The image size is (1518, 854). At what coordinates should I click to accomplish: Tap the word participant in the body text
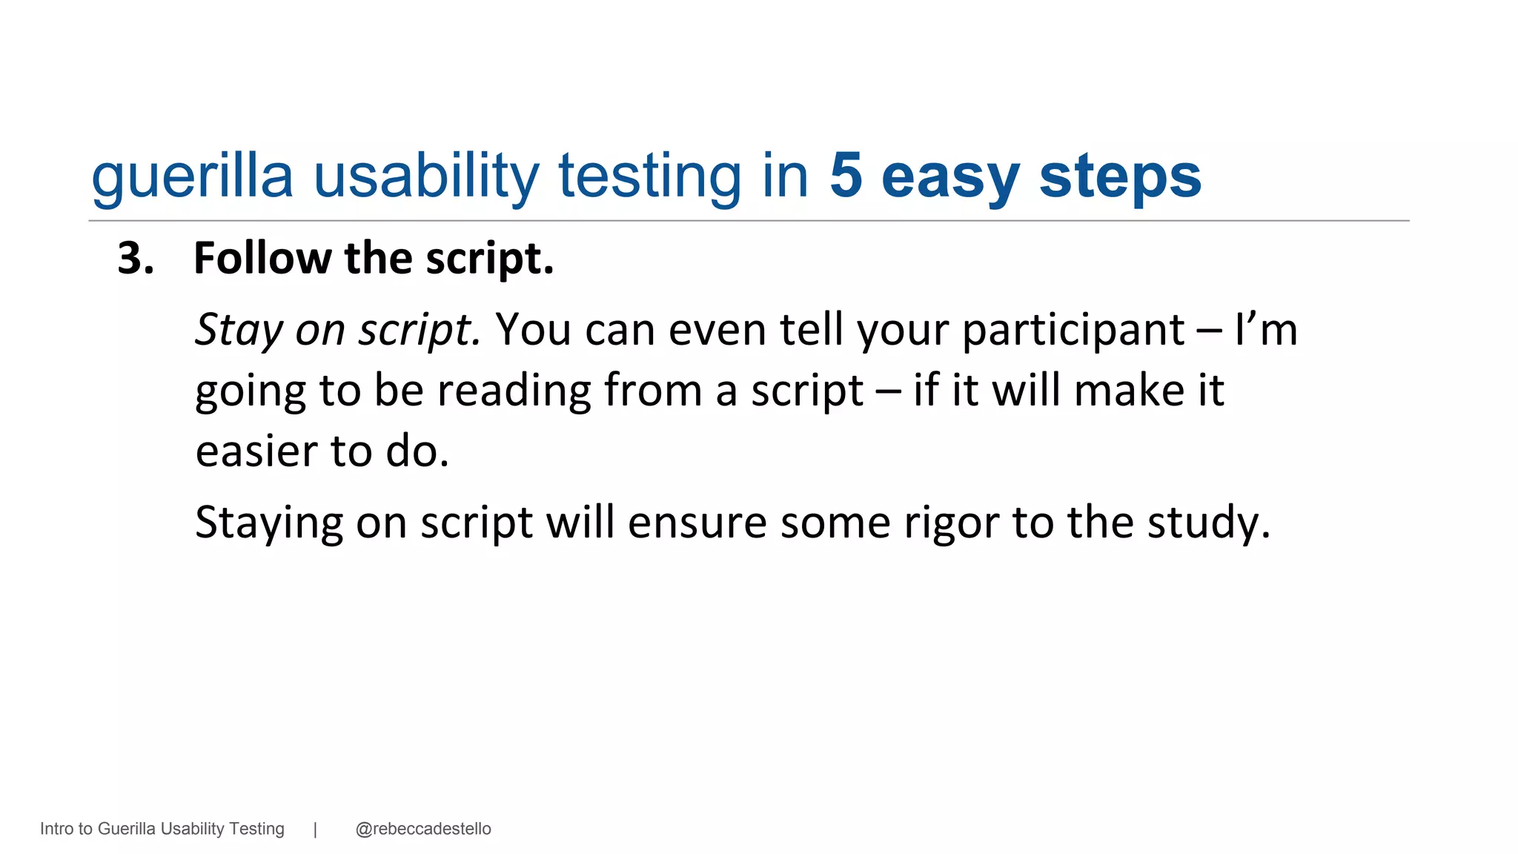[x=1073, y=330]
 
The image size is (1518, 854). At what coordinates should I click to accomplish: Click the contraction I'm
[x=1266, y=330]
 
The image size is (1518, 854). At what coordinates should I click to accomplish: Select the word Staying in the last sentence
[x=269, y=523]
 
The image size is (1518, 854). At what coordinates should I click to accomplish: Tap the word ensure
[x=697, y=523]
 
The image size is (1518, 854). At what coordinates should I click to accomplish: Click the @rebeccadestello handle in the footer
[x=423, y=829]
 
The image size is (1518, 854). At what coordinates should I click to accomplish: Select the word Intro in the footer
[x=56, y=829]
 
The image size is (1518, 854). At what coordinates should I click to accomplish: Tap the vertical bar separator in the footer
[x=316, y=829]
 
